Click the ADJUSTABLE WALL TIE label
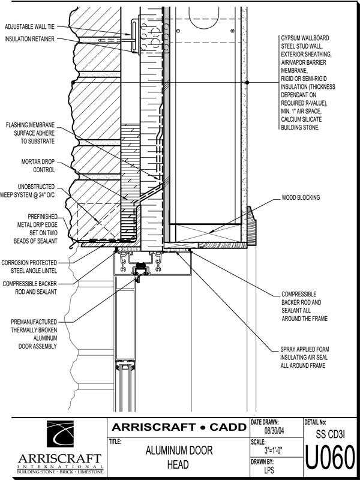29,26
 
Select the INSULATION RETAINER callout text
29,39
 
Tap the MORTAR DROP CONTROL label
38,166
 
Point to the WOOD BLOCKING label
301,198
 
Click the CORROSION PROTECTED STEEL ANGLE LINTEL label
29,266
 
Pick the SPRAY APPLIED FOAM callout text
305,357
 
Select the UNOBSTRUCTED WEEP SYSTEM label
28,191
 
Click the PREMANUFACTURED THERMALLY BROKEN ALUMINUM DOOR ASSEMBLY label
34,334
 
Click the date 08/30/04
274,431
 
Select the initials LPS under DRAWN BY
269,470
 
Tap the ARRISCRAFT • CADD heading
179,427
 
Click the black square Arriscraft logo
60,433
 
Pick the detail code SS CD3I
330,434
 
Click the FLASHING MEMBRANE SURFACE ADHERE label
31,133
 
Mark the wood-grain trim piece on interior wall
251,226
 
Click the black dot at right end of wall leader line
247,82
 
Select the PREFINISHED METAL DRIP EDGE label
36,229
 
